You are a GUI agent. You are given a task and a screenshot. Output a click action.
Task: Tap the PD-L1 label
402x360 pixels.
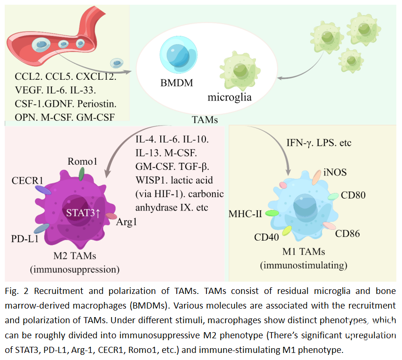click(x=24, y=239)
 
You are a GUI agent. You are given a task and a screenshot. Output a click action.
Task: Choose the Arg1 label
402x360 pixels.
click(x=126, y=222)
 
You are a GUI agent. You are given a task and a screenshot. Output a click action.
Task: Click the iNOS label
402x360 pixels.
click(x=335, y=172)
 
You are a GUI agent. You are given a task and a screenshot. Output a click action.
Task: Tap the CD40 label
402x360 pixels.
click(x=266, y=236)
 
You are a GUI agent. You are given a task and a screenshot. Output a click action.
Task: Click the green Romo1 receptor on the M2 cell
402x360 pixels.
click(x=82, y=174)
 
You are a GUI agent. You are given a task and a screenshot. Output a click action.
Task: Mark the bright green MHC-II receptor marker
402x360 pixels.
click(x=272, y=213)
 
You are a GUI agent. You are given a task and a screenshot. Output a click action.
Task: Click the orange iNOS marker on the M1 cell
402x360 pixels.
click(x=317, y=177)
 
